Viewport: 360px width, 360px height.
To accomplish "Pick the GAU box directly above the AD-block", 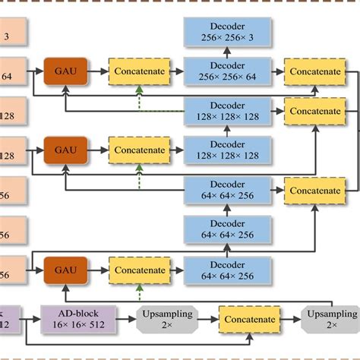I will pyautogui.click(x=65, y=269).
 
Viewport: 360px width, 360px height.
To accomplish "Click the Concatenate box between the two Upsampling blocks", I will pyautogui.click(x=248, y=319).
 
